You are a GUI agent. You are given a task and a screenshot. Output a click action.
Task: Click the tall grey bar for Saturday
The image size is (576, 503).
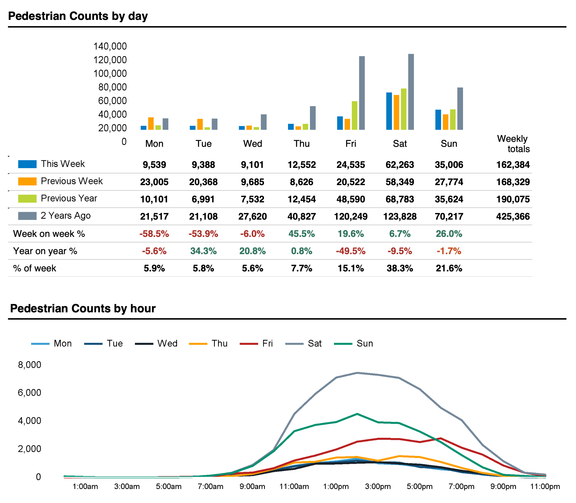point(411,92)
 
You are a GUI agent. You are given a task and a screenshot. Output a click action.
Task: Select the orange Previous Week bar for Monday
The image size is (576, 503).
point(151,124)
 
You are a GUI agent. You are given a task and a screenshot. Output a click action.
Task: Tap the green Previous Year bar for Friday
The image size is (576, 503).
point(354,116)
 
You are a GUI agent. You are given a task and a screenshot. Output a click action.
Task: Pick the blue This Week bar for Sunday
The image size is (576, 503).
point(438,120)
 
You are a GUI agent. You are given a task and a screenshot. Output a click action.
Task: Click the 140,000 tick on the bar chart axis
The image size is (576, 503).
point(110,46)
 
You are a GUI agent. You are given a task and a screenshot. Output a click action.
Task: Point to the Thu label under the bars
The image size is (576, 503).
point(301,144)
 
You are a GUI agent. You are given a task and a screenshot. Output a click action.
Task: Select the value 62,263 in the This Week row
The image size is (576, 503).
point(400,165)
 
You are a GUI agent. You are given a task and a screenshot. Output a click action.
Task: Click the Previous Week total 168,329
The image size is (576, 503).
point(513,182)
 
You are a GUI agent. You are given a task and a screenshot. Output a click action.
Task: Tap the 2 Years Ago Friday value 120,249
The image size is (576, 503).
point(351,216)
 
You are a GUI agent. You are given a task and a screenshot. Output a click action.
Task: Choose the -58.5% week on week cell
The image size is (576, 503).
point(154,234)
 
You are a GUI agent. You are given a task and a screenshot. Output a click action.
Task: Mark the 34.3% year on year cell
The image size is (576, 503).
point(203,251)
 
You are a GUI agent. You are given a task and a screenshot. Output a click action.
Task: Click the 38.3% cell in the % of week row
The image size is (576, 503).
point(400,268)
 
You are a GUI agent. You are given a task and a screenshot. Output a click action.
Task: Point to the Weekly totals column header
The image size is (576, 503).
point(513,144)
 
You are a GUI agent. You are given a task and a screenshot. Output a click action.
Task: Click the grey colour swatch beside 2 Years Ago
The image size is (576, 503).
point(27,216)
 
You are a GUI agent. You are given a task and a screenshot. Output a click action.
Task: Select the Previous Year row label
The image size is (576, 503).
point(69,198)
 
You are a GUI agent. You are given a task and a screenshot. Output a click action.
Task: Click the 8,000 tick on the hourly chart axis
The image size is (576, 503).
point(30,365)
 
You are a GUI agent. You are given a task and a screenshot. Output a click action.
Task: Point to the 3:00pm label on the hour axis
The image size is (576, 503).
point(378,486)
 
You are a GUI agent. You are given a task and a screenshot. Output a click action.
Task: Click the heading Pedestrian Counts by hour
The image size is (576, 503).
point(83,309)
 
